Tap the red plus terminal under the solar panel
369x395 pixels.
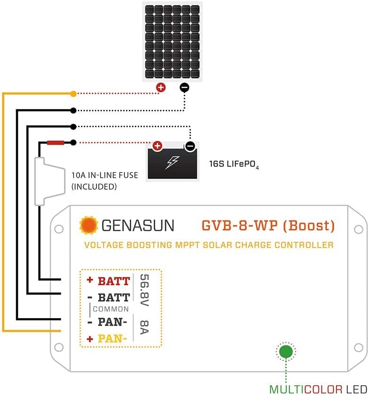tap(161, 87)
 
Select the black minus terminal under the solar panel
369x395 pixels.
tap(184, 87)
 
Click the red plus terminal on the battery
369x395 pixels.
tap(157, 146)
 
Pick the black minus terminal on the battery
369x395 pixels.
tap(190, 146)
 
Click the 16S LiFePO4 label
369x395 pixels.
tap(235, 165)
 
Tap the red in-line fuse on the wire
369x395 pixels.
tap(55, 142)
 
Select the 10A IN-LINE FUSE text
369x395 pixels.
tap(105, 181)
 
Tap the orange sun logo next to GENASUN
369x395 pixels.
tap(88, 226)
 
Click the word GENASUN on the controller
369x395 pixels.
tap(137, 226)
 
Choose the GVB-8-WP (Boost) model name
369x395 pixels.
tap(268, 226)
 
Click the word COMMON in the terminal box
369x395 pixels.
tap(111, 309)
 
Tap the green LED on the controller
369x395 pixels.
tap(285, 352)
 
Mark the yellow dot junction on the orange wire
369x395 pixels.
tap(73, 94)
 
